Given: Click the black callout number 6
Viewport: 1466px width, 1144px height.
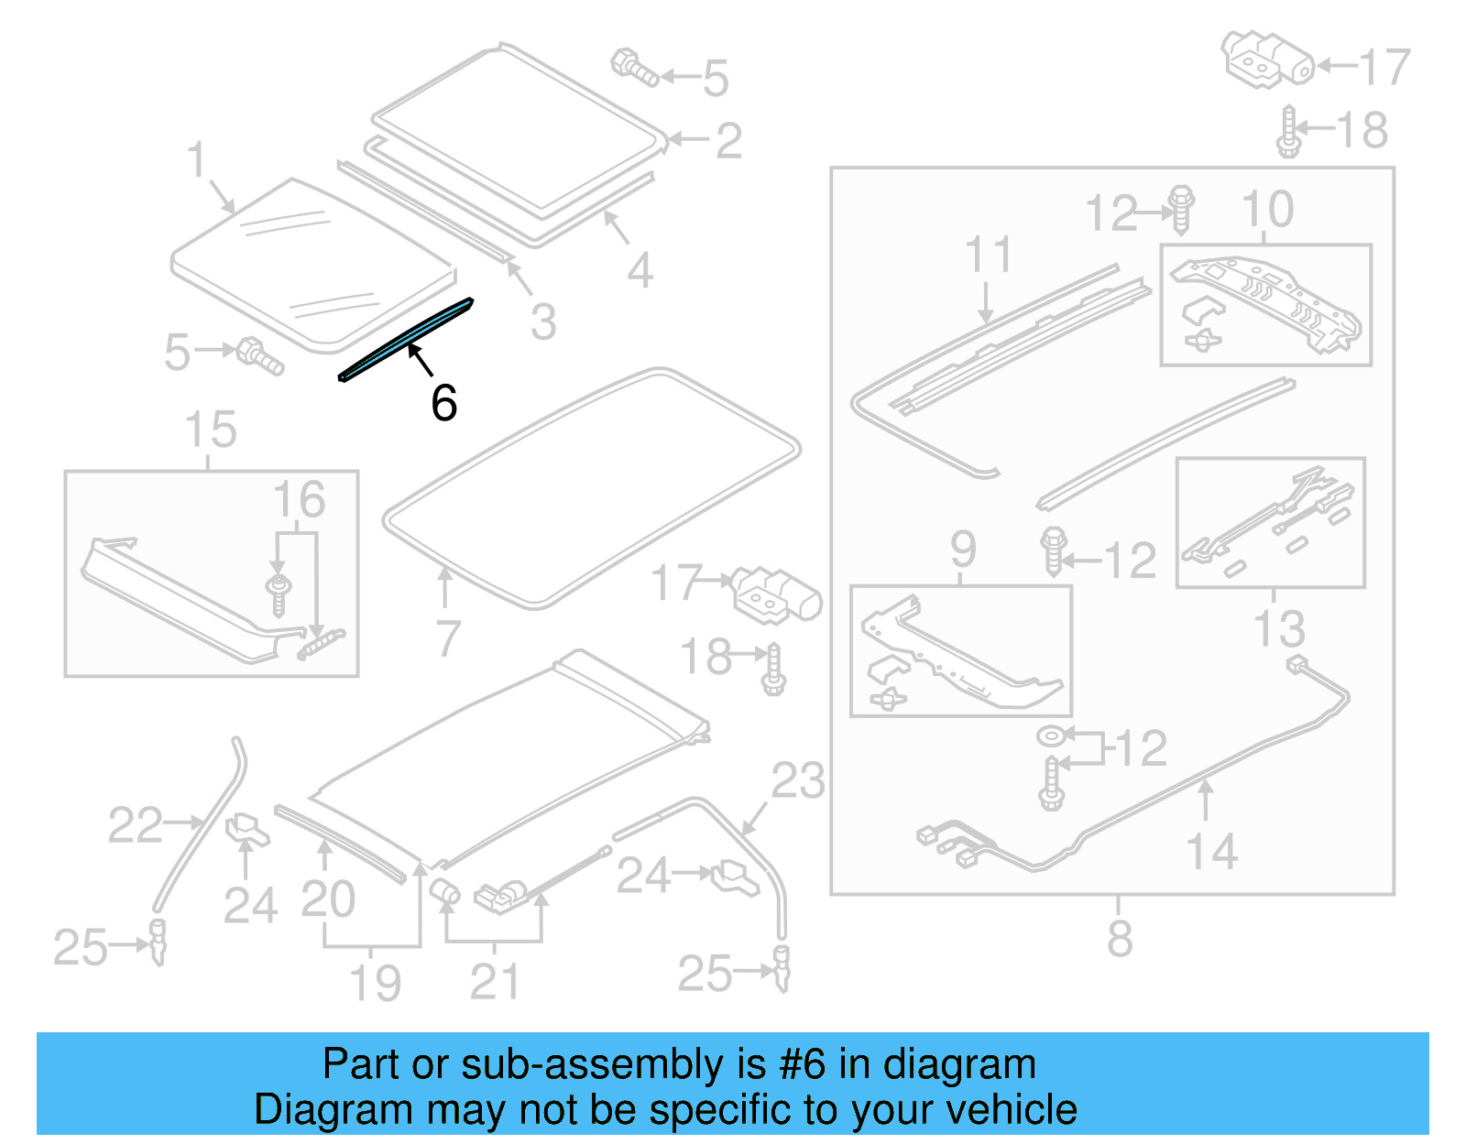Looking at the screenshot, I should (444, 403).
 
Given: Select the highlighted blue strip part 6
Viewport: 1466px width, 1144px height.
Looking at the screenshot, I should (407, 339).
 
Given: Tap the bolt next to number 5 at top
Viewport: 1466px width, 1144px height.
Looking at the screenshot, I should (634, 68).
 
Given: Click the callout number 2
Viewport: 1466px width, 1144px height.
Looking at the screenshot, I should (728, 141).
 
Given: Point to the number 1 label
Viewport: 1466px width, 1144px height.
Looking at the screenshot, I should (197, 159).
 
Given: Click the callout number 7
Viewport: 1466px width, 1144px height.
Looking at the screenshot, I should (447, 638).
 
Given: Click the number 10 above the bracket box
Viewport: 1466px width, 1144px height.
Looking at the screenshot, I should (1267, 210).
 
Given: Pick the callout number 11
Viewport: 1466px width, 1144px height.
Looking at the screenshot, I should (988, 254).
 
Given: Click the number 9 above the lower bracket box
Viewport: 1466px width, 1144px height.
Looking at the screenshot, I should (962, 550).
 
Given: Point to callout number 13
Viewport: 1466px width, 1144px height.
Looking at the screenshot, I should (1279, 629).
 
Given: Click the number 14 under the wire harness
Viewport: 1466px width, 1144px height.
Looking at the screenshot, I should (1211, 852).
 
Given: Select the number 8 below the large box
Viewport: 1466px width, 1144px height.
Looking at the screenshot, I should (1120, 939).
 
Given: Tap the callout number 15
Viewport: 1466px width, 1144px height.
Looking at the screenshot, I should (211, 430).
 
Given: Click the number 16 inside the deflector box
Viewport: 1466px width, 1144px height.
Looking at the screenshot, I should (299, 500).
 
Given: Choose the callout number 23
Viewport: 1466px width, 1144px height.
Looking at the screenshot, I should (798, 781).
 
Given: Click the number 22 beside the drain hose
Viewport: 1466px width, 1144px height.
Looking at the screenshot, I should (135, 825).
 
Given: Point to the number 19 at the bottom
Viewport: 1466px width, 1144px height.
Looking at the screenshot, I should (376, 983).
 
